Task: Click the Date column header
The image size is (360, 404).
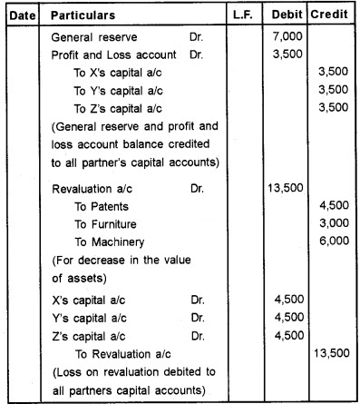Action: [18, 17]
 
